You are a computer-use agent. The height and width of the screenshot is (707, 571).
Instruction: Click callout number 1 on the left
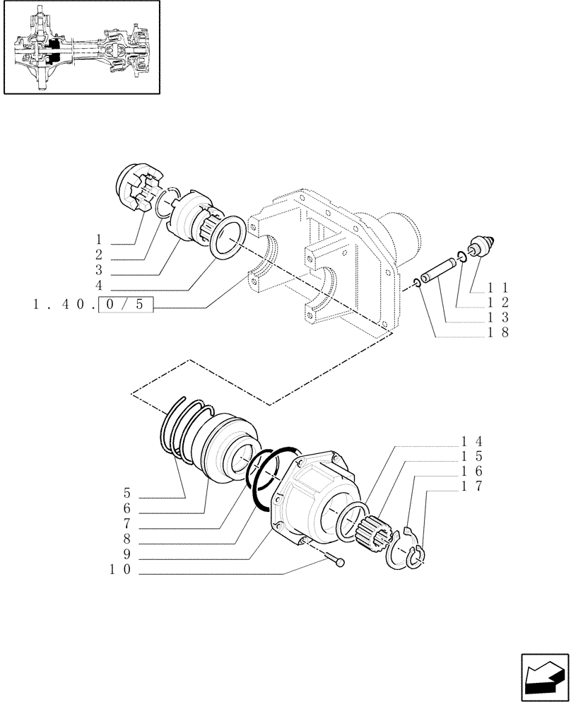(99, 238)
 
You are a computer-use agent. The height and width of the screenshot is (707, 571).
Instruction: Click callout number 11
(495, 288)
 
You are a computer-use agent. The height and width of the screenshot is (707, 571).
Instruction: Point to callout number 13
(495, 319)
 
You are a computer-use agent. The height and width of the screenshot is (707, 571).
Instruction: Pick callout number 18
(495, 334)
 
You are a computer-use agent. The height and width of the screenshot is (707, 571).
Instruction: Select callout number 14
(471, 440)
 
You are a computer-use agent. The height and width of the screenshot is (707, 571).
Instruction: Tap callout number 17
(471, 486)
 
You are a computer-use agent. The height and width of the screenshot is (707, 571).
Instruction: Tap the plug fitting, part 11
(483, 248)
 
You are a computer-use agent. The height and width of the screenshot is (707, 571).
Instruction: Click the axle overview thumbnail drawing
(81, 47)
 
